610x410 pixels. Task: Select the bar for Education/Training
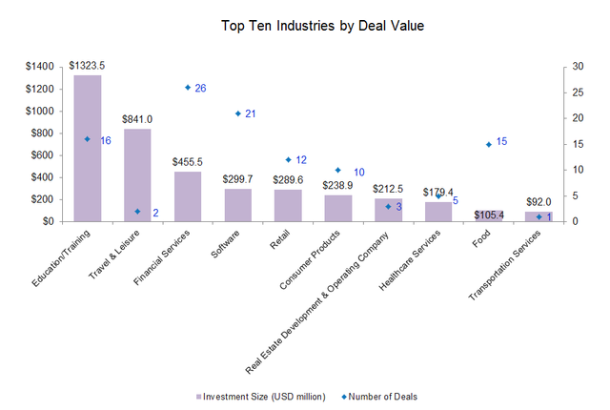pyautogui.click(x=88, y=148)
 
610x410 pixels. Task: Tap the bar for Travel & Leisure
pyautogui.click(x=137, y=175)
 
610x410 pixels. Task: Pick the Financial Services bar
pyautogui.click(x=188, y=196)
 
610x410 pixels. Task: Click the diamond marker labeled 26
pyautogui.click(x=188, y=87)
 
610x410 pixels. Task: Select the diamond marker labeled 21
pyautogui.click(x=237, y=113)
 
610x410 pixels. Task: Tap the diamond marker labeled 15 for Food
pyautogui.click(x=488, y=144)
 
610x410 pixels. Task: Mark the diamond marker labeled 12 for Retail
pyautogui.click(x=288, y=159)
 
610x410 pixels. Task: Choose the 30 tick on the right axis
pyautogui.click(x=578, y=67)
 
